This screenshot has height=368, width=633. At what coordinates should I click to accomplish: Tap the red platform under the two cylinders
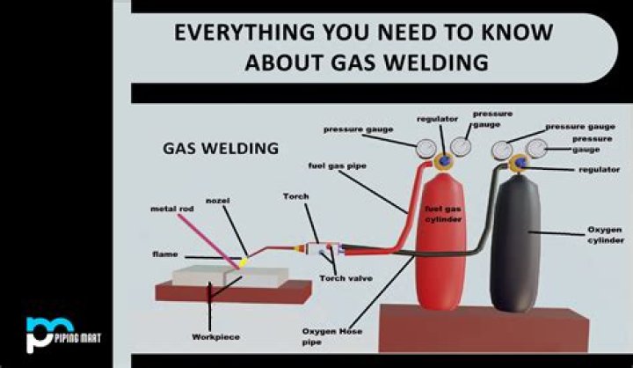point(484,330)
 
